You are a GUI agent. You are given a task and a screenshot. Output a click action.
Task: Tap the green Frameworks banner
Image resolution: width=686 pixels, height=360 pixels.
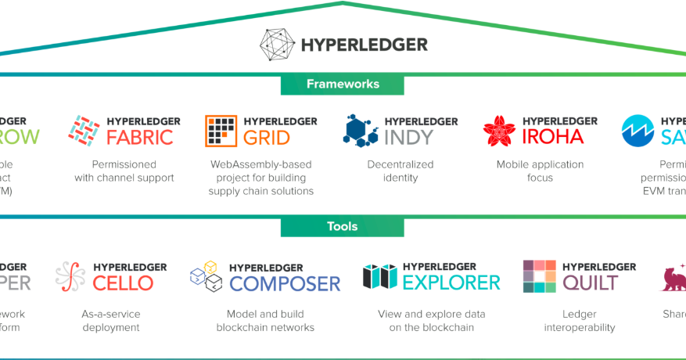343,85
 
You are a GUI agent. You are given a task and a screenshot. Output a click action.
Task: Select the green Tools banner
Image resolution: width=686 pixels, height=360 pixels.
343,227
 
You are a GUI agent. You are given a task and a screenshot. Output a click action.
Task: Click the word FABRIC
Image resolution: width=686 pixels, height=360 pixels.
140,138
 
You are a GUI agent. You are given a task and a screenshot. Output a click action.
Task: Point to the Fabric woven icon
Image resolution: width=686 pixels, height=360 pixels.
84,131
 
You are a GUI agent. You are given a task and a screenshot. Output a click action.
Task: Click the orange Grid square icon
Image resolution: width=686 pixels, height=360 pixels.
221,131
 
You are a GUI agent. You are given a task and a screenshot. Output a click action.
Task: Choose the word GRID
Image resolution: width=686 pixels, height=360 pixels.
267,138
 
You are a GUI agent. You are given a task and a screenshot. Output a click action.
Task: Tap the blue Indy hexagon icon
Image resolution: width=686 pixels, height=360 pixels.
361,131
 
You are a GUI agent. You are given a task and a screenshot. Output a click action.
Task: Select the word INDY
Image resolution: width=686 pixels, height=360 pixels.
408,138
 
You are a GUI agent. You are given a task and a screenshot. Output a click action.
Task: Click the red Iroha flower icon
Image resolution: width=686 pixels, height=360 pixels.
498,131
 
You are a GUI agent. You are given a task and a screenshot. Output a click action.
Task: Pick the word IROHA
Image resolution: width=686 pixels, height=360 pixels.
553,138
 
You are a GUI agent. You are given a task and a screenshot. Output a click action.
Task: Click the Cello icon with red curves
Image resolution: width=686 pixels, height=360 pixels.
70,276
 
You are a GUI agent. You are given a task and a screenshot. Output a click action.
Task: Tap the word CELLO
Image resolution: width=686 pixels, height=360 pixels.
123,283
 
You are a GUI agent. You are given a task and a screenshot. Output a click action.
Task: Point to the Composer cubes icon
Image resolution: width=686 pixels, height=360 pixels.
207,276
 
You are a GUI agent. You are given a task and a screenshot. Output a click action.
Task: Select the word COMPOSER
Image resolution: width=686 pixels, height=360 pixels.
285,283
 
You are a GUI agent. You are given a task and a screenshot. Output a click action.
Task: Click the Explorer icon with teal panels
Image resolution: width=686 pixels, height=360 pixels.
381,276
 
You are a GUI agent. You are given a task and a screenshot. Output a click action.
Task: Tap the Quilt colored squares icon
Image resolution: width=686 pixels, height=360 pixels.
539,276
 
